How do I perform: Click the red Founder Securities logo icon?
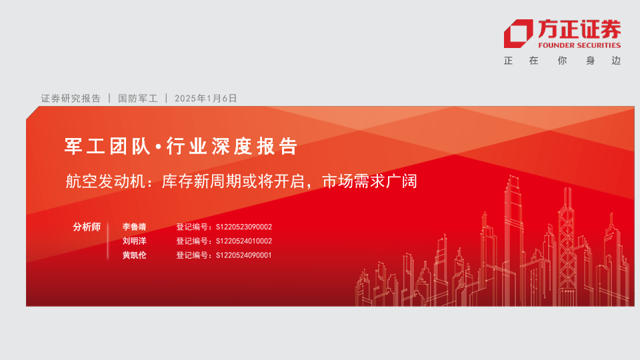point(519,33)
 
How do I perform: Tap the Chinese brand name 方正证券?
point(579,29)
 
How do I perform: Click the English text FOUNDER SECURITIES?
point(579,45)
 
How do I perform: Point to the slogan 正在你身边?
point(563,61)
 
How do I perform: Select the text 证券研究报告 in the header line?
point(71,99)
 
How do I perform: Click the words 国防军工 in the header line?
point(138,99)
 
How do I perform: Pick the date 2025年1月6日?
point(206,99)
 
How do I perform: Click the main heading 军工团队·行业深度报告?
point(181,146)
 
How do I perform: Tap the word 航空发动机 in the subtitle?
point(105,181)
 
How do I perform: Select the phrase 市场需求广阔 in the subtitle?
point(370,181)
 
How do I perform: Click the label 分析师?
point(87,227)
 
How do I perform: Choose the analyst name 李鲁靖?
point(134,227)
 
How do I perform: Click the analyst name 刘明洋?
point(134,241)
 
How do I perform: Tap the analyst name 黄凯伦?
point(134,255)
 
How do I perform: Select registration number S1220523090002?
point(244,227)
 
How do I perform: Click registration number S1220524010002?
point(244,241)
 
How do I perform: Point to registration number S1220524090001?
point(244,255)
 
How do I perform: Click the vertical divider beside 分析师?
point(108,241)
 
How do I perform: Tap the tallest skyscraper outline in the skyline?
point(513,241)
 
